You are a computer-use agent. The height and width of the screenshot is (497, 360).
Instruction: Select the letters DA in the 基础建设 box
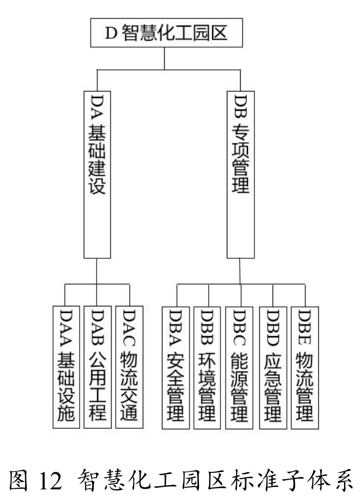tap(97, 108)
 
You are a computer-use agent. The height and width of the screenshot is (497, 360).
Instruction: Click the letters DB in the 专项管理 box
tap(241, 108)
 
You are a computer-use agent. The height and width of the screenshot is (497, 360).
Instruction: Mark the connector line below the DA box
tap(97, 273)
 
